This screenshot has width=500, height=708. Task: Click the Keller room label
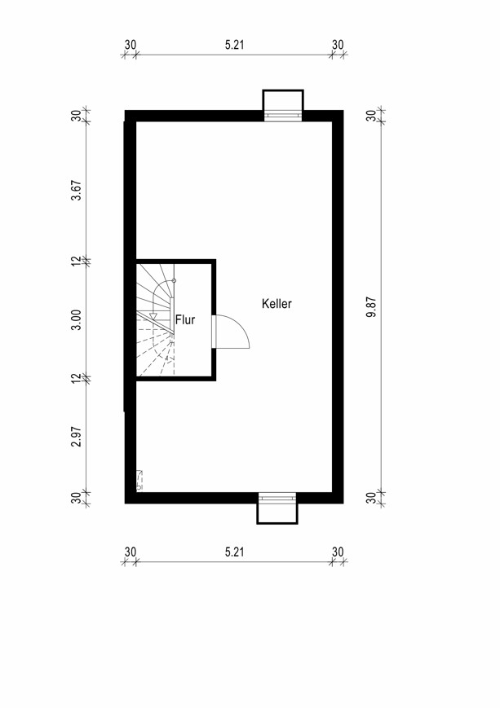coord(277,303)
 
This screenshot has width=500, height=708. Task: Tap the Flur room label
coord(185,319)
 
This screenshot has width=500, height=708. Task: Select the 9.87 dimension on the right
coord(372,307)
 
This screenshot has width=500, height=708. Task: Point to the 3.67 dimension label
coord(77,191)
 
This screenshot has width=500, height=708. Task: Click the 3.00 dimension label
coord(77,319)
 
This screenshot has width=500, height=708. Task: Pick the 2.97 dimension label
coord(77,437)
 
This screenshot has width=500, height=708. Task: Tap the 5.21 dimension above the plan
coord(235,45)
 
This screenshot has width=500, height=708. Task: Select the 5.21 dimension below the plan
coord(235,552)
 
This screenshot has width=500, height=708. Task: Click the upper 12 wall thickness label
coord(77,261)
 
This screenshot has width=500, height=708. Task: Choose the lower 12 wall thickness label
coord(77,378)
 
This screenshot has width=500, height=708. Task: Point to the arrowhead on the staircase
coord(153,315)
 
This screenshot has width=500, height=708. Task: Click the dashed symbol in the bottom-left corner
coord(139,480)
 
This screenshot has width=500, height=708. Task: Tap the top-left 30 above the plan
coord(131,45)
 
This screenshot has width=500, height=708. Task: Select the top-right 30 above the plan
coord(338,45)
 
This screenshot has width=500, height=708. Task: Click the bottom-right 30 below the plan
coord(338,552)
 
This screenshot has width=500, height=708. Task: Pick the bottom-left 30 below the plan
coord(131,552)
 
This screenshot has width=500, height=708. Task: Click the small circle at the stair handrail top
coord(174,281)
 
